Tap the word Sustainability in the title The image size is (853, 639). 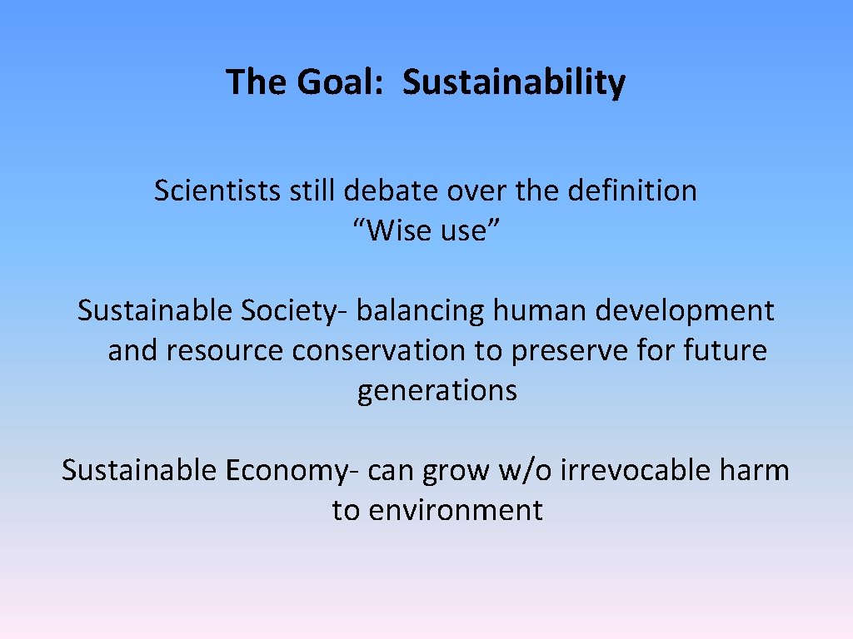[514, 82]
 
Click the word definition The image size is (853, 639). [632, 191]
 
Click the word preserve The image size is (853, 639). [569, 350]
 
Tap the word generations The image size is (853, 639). [437, 390]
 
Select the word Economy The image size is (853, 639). [285, 470]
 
